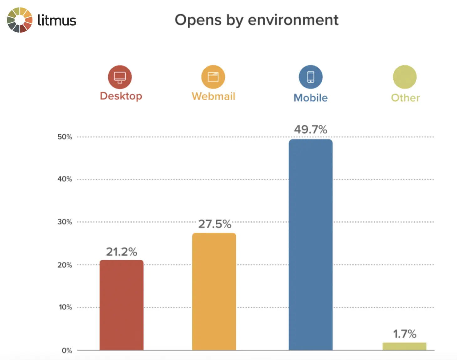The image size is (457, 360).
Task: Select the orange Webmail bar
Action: pyautogui.click(x=214, y=292)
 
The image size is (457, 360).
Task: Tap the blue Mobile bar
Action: pyautogui.click(x=310, y=245)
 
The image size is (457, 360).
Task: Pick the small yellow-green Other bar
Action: pyautogui.click(x=404, y=346)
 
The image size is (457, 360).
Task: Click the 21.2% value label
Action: pyautogui.click(x=121, y=252)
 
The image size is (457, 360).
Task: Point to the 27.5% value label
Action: pyautogui.click(x=215, y=224)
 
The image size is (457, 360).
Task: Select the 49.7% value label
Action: pyautogui.click(x=310, y=130)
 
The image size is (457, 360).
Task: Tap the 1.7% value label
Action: pyautogui.click(x=404, y=334)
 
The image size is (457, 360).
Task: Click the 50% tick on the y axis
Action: pyautogui.click(x=65, y=137)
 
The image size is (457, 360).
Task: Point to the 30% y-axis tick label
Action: pyautogui.click(x=65, y=222)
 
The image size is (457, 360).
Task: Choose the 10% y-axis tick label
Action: pyautogui.click(x=65, y=307)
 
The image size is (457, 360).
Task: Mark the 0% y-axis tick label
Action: pyautogui.click(x=67, y=351)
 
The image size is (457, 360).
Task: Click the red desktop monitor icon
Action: pyautogui.click(x=120, y=77)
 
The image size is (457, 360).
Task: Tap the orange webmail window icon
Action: pyautogui.click(x=213, y=77)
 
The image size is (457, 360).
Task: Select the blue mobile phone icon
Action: pyautogui.click(x=310, y=77)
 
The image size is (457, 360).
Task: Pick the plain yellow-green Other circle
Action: pyautogui.click(x=405, y=77)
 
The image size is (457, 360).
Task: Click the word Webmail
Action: pyautogui.click(x=213, y=96)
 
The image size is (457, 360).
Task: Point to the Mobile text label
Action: pyautogui.click(x=310, y=98)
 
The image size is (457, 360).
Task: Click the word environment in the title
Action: pyautogui.click(x=293, y=20)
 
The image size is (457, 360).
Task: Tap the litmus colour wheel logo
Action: pyautogui.click(x=20, y=20)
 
